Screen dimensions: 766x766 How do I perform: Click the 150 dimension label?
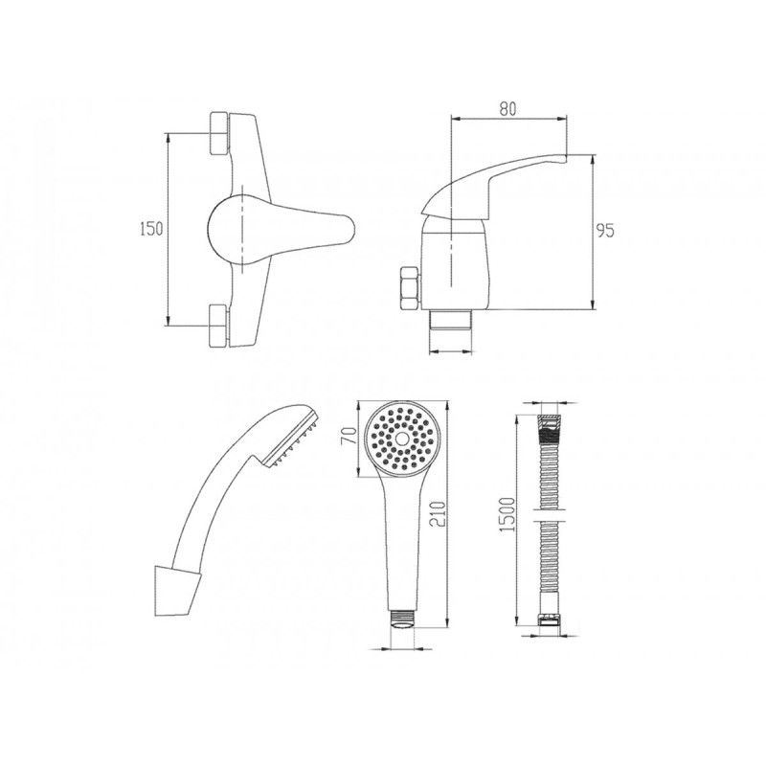[151, 229]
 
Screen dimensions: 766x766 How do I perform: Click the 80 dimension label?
[508, 108]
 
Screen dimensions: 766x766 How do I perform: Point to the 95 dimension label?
[605, 230]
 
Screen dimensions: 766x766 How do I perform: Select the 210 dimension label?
[439, 514]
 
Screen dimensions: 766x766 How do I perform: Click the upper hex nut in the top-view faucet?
[219, 133]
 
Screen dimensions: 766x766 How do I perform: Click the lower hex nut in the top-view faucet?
[218, 326]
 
